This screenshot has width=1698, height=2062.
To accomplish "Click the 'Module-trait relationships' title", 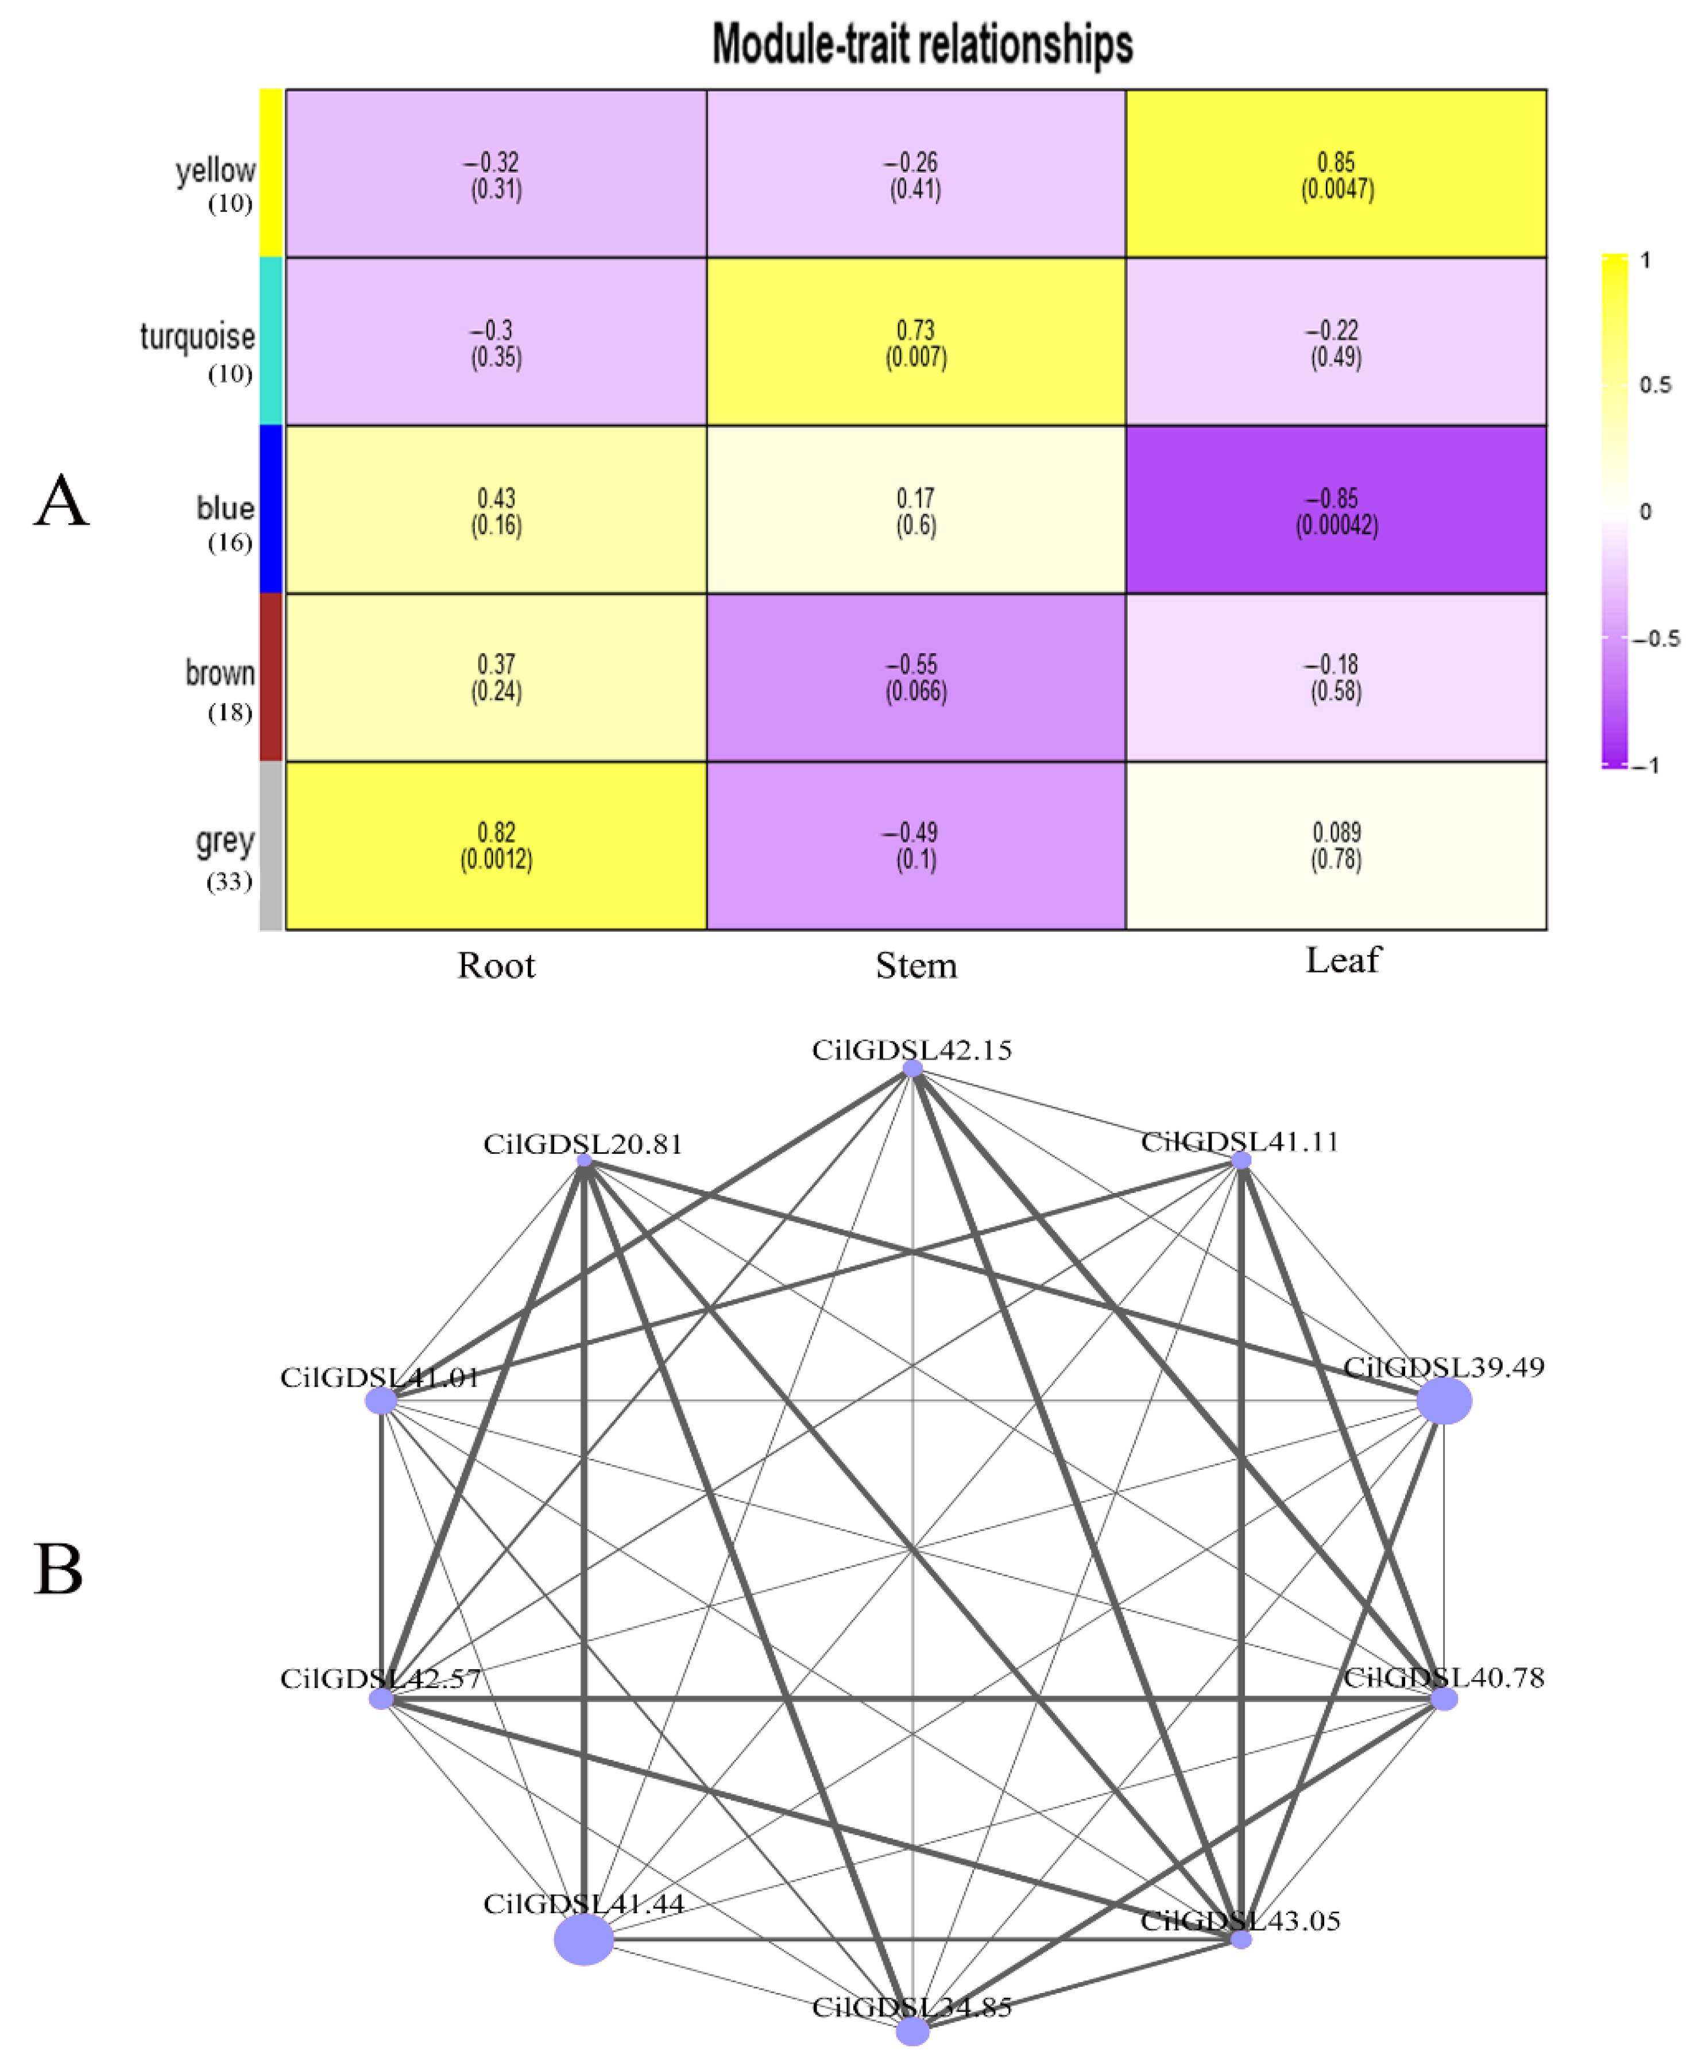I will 922,45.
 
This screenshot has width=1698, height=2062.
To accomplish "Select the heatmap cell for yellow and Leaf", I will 1336,174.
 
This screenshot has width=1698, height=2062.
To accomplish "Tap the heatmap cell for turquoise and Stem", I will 915,342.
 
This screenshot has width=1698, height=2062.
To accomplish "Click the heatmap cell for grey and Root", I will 496,845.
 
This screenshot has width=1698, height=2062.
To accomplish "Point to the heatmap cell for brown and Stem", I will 915,677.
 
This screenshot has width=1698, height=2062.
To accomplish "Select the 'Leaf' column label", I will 1343,960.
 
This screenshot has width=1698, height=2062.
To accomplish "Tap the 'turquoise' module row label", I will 198,338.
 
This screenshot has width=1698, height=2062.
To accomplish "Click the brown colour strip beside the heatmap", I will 271,677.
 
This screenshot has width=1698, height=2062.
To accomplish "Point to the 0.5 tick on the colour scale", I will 1655,385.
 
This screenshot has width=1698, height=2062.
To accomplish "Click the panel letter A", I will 61,501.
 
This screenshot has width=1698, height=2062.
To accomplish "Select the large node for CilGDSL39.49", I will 1444,1401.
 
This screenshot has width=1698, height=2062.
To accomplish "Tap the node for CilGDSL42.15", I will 912,1069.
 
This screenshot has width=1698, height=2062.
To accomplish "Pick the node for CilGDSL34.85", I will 912,2032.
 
